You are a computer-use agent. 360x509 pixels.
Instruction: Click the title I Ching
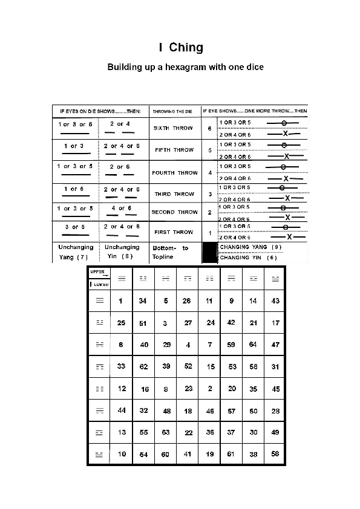pos(181,47)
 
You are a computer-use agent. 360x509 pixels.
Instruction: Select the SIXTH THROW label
pos(174,128)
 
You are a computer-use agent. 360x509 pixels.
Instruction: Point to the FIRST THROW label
pos(174,232)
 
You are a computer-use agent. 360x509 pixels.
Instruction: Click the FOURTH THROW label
pos(174,173)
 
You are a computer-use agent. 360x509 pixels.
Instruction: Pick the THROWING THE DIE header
pos(172,111)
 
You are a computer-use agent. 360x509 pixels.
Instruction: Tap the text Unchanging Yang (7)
pos(76,251)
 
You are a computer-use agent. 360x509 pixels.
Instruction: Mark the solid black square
pos(209,252)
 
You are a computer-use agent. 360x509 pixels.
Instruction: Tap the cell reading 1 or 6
pos(74,189)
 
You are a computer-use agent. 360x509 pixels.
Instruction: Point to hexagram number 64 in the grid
pos(254,345)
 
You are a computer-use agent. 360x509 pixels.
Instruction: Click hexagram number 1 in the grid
pos(121,301)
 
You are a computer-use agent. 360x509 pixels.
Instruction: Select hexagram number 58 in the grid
pos(276,454)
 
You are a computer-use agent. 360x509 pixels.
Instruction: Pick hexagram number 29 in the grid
pos(166,345)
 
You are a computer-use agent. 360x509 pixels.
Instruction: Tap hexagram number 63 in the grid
pos(166,432)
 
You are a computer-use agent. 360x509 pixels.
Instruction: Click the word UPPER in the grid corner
pos(97,271)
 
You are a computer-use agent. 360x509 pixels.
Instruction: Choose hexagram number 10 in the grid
pos(122,454)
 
